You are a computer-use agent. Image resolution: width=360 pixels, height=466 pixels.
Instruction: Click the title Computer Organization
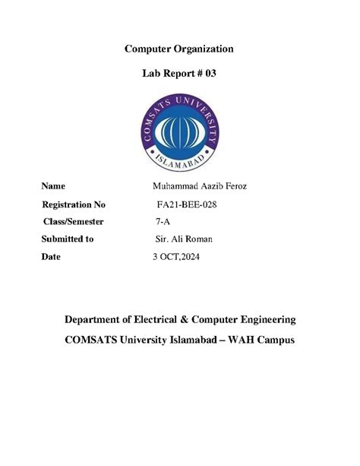pos(179,49)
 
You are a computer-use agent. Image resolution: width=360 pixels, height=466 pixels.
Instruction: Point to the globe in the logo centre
pos(179,130)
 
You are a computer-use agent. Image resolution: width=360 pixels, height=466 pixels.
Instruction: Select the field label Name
pos(53,185)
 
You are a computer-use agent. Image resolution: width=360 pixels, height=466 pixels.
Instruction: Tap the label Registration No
pos(74,204)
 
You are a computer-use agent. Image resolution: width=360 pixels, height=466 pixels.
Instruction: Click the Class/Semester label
pos(73,221)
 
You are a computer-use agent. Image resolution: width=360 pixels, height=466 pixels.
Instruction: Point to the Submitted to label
pos(68,239)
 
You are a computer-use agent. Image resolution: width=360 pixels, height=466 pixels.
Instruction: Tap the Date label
pos(51,257)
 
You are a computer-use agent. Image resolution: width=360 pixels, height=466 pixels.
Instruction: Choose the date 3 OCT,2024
pos(178,257)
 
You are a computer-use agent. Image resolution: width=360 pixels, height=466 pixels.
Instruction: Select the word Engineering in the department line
pos(267,319)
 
